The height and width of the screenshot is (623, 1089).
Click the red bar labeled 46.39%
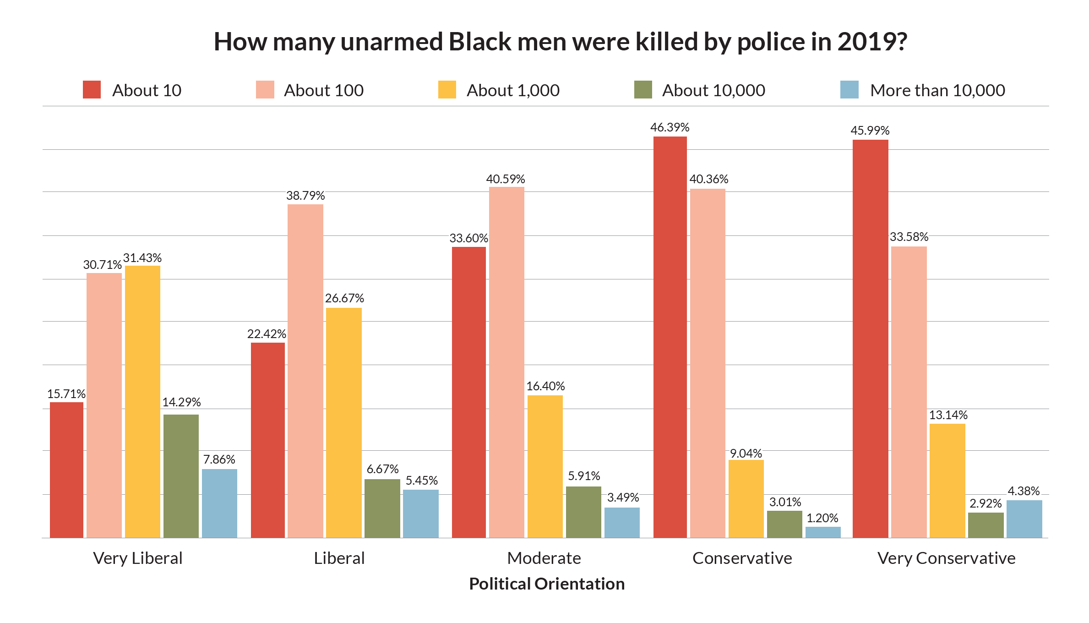[x=670, y=337]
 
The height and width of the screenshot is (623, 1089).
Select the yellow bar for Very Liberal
[x=142, y=401]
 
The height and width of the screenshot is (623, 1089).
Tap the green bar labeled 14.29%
[x=181, y=476]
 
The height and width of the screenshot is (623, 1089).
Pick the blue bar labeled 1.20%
[x=823, y=532]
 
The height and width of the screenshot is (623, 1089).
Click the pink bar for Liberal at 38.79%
[x=305, y=371]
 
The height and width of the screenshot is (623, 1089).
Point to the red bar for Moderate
[x=468, y=392]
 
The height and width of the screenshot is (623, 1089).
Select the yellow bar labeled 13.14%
[x=947, y=481]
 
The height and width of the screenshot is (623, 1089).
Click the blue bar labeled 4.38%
[x=1024, y=519]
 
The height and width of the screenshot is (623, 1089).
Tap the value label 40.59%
[x=505, y=179]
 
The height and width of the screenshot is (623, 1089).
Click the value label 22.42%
[x=267, y=334]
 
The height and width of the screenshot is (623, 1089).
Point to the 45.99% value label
[x=870, y=131]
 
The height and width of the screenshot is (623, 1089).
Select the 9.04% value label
[x=746, y=454]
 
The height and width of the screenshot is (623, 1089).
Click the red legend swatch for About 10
[x=92, y=90]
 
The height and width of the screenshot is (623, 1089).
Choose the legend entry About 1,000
[x=512, y=91]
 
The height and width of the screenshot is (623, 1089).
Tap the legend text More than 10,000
[x=937, y=91]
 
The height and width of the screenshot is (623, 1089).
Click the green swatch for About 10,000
[x=643, y=90]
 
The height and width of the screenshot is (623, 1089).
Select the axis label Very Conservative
[x=946, y=558]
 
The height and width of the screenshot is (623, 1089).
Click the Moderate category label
[x=544, y=558]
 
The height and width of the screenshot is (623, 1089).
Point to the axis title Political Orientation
[x=547, y=584]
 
